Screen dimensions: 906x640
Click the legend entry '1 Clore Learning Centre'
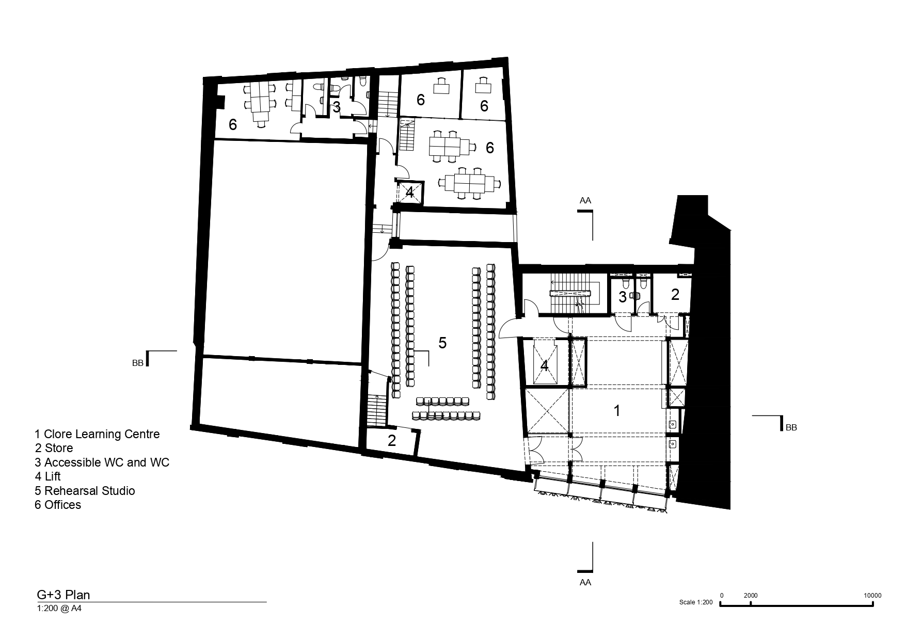97,434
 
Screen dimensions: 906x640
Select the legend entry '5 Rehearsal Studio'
85,490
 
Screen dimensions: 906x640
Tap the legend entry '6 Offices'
58,504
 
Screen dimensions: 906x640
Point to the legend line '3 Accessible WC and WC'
102,462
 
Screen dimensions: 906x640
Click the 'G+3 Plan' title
63,595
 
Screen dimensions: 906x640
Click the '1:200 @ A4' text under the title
59,609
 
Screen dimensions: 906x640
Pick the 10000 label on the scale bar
873,595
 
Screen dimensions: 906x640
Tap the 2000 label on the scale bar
751,595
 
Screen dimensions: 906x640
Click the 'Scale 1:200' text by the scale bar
696,602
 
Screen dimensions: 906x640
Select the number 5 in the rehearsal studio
442,343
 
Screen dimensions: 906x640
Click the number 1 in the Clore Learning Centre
616,411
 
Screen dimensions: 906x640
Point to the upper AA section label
585,200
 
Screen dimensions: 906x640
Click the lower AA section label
585,582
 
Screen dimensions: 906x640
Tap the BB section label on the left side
137,363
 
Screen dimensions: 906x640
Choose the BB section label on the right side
791,427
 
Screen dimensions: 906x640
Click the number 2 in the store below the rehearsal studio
392,441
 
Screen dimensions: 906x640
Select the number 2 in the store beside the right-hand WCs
675,294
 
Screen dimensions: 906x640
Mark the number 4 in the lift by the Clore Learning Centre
544,366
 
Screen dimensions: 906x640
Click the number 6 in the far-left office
233,124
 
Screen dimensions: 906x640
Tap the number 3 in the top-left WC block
336,107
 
